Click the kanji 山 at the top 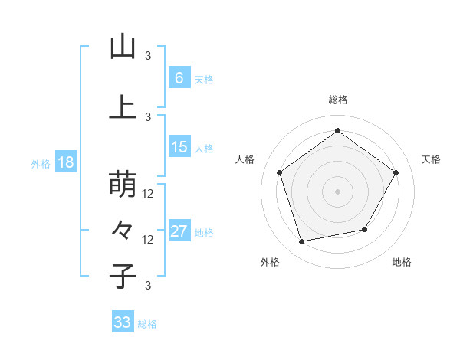(123, 47)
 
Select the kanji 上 (123, 107)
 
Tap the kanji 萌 (123, 185)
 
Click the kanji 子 (123, 276)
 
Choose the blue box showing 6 (179, 77)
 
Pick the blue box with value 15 (179, 147)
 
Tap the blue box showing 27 (179, 232)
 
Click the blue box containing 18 (65, 163)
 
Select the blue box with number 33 (123, 322)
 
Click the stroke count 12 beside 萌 (149, 194)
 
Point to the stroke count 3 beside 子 (149, 286)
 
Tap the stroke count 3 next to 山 (149, 55)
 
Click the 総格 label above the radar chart (337, 100)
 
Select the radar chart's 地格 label (402, 262)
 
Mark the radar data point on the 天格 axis (396, 172)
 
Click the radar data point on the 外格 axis (302, 241)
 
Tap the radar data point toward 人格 (279, 172)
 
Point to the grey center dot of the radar (337, 191)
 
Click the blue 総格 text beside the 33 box (148, 324)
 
